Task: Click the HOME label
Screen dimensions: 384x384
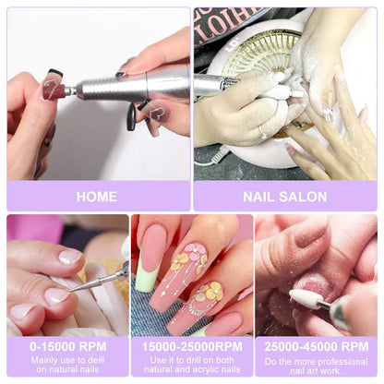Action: (97, 197)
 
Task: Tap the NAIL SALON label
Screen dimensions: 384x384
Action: (286, 197)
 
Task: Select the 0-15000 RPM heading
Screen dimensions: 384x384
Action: (66, 346)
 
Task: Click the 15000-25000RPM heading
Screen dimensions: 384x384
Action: (191, 346)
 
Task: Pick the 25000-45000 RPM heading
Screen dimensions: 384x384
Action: (318, 346)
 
